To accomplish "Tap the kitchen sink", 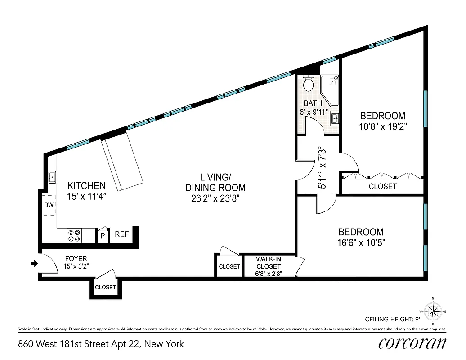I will [52, 177].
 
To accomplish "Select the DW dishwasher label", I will [49, 205].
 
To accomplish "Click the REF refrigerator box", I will [121, 234].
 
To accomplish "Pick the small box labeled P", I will [102, 235].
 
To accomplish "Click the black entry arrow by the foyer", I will [34, 263].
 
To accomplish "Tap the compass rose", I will [432, 311].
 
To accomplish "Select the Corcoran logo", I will [412, 343].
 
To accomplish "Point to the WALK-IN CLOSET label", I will [269, 263].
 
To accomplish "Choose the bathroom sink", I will [334, 119].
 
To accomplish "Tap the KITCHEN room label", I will [86, 185].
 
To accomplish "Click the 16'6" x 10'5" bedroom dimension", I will [361, 243].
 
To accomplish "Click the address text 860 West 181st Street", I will [101, 344].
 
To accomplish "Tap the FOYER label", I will [76, 258].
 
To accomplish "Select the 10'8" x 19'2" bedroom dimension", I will [382, 126].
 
